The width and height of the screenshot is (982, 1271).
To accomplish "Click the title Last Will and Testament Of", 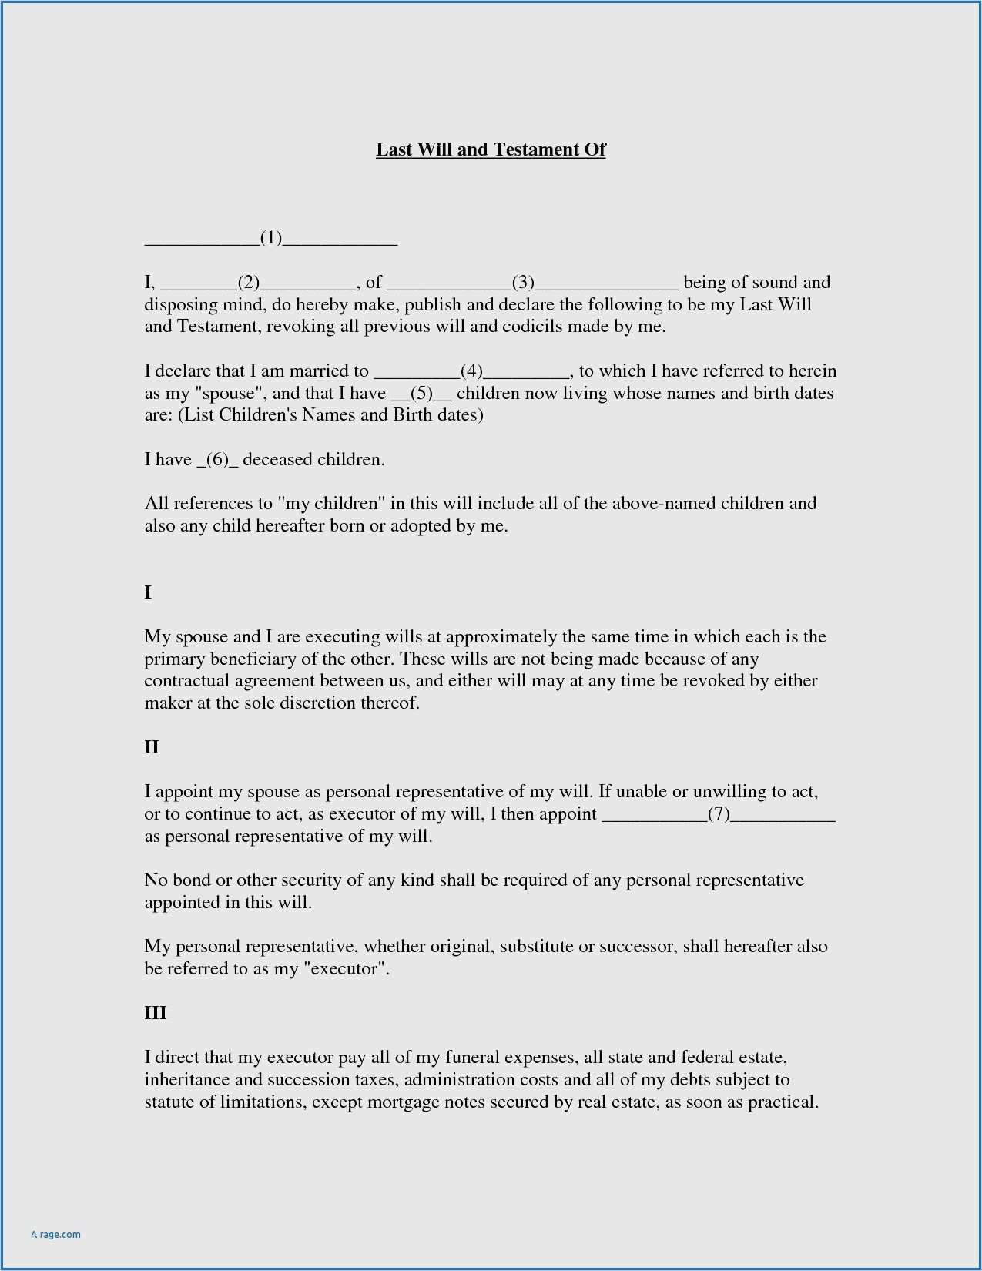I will point(491,149).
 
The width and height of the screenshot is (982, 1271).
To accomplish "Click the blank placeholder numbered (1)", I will point(271,238).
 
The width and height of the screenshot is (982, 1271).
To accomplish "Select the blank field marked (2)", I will point(248,283).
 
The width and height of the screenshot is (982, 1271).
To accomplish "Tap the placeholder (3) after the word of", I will point(524,283).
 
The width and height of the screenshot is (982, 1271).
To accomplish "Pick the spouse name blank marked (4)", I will point(471,371).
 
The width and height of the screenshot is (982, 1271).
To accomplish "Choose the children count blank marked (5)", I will point(421,394).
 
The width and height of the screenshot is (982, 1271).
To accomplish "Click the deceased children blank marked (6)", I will point(219,460).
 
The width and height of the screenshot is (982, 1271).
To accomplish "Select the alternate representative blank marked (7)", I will point(719,814).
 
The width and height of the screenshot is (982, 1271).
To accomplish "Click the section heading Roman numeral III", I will point(156,1013).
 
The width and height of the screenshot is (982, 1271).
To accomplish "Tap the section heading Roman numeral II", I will point(152,747).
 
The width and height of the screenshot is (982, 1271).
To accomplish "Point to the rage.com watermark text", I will point(56,1235).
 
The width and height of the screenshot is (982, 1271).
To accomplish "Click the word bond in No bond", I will point(191,880).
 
